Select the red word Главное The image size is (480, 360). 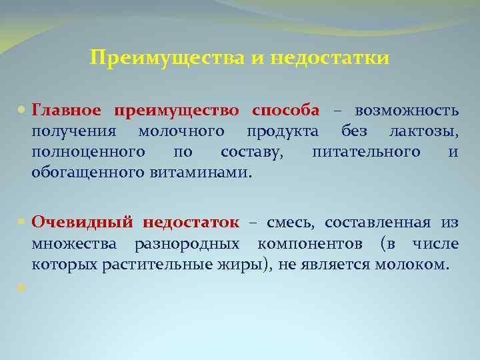67,110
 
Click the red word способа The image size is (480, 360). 286,110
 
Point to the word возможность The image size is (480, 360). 407,110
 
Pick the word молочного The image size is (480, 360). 181,131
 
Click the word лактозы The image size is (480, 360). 426,131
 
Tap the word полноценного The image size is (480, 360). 89,152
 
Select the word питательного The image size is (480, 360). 366,152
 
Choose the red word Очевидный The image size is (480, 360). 83,222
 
